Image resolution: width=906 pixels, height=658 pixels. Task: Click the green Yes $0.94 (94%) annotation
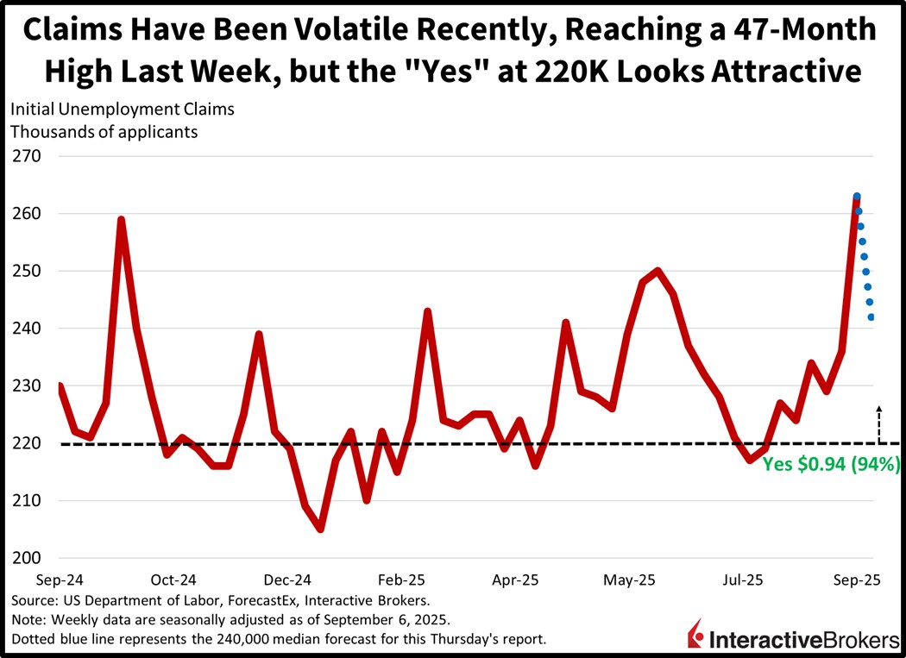(x=831, y=464)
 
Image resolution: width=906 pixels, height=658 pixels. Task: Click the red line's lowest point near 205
(x=320, y=529)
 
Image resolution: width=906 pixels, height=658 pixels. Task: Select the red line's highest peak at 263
(x=856, y=197)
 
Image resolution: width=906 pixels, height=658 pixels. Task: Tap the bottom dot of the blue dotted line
(x=871, y=317)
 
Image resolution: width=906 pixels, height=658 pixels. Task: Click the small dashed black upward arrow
(x=879, y=423)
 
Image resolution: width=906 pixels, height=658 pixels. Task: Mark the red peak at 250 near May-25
(x=658, y=271)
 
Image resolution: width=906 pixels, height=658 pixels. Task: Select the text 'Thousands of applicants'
(x=104, y=132)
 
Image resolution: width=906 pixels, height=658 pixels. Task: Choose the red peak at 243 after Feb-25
(x=427, y=311)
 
